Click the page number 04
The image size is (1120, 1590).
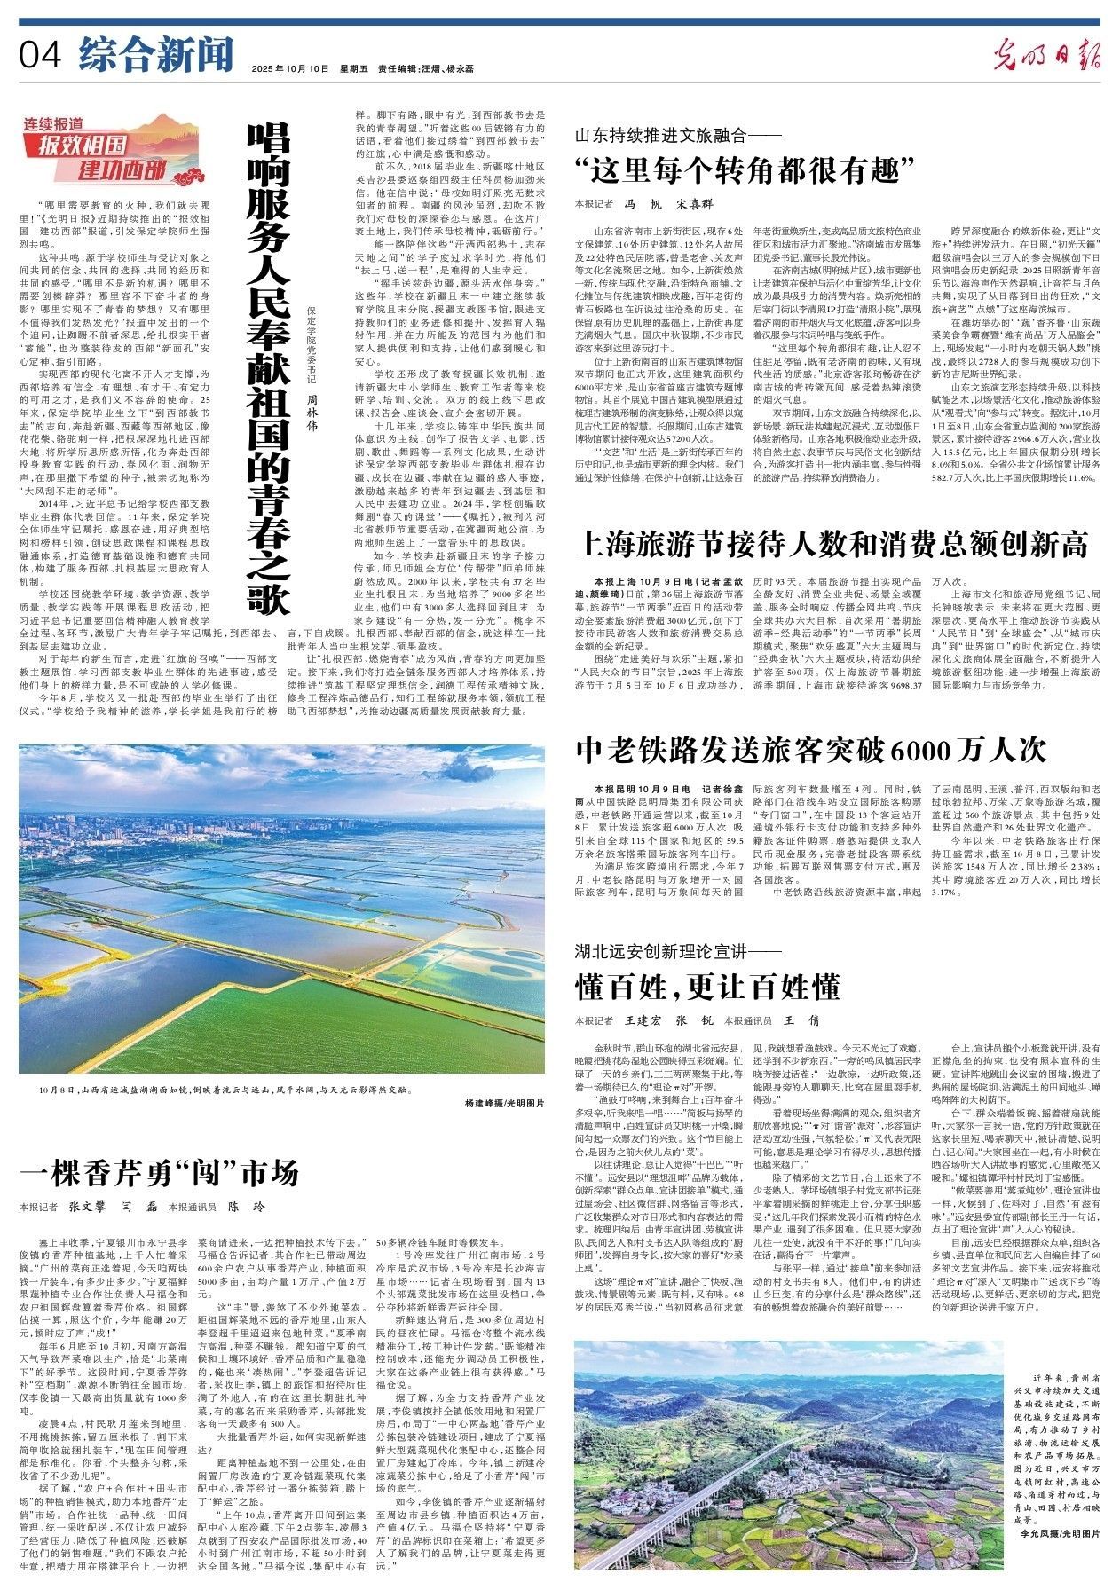point(41,55)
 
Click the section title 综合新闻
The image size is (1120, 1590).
point(154,54)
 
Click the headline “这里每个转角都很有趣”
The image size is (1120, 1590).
point(744,169)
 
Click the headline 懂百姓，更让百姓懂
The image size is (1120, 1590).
point(706,987)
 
